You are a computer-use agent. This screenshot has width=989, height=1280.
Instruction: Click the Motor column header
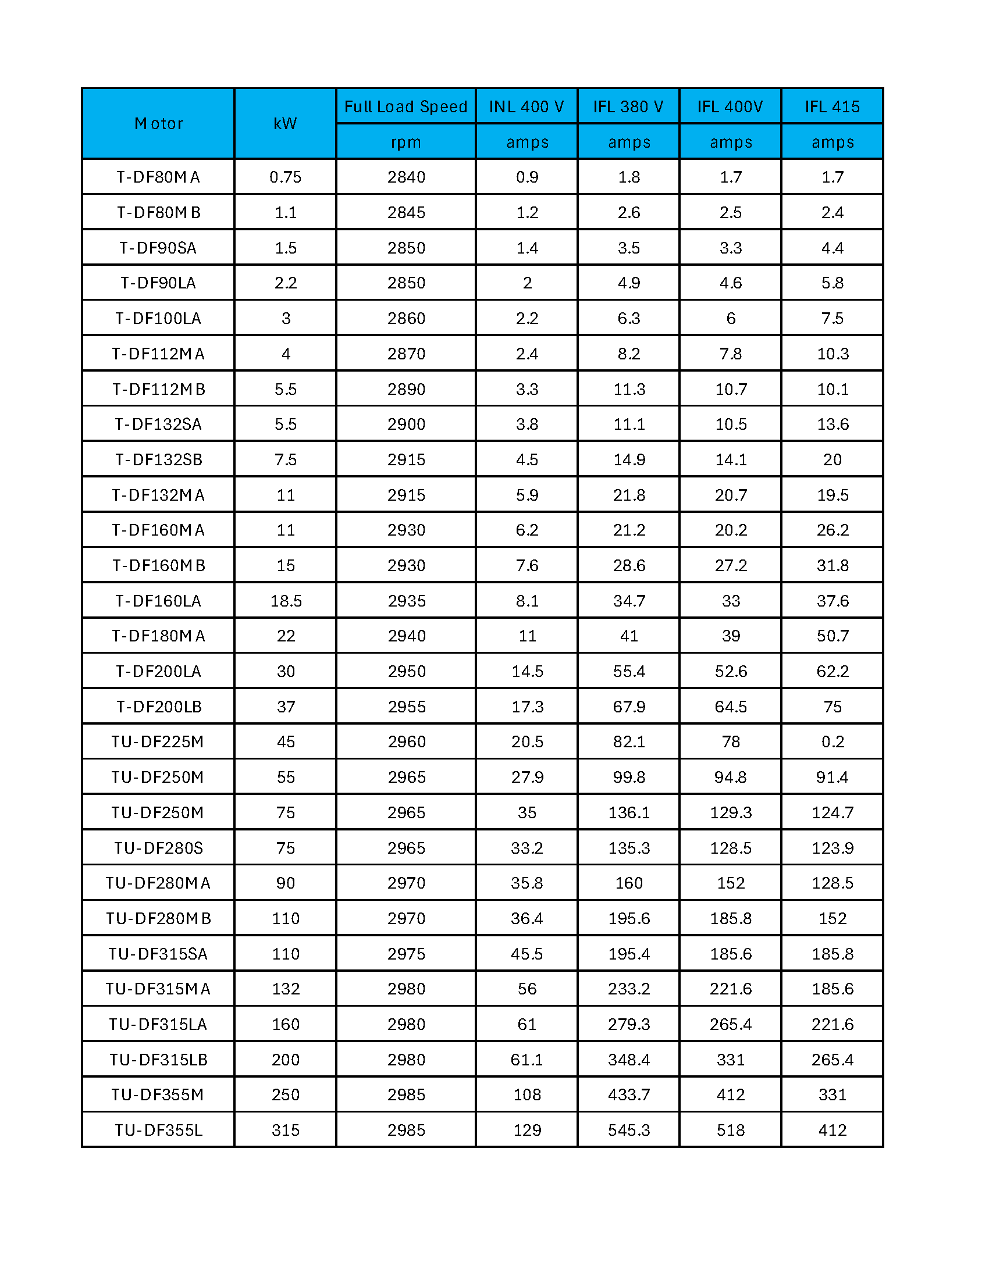tap(158, 124)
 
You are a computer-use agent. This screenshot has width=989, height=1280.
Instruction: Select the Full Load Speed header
tap(405, 106)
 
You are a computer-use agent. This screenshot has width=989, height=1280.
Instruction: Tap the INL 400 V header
tap(526, 106)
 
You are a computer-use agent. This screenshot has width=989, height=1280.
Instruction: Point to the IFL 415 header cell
tap(832, 106)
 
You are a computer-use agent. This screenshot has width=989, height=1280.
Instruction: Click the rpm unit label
tap(405, 142)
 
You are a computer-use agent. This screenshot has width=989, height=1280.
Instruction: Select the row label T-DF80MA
tap(158, 177)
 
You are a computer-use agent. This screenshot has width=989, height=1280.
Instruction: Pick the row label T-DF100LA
tap(158, 318)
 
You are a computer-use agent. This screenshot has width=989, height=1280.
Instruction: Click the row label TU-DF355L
tap(158, 1130)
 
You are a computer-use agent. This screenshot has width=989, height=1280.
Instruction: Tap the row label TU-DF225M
tap(158, 741)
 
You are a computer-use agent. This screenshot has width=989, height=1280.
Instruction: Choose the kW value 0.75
tap(286, 177)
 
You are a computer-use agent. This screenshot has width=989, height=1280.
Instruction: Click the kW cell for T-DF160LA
tap(286, 601)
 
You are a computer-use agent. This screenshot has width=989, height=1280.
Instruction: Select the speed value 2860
tap(405, 318)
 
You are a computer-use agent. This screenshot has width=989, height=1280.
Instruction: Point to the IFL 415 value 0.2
tap(832, 741)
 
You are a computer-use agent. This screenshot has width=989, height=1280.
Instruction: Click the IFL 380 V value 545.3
tap(628, 1130)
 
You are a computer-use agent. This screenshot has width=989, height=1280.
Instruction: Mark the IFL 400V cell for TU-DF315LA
tap(731, 1024)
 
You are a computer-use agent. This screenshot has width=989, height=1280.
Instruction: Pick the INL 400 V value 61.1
tap(526, 1060)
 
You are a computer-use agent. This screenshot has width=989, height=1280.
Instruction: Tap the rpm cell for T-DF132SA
tap(405, 425)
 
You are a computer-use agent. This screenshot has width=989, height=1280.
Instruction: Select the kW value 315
tap(286, 1130)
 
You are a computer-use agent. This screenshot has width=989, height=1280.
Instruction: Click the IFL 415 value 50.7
tap(832, 636)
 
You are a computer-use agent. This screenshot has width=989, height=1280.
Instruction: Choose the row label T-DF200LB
tap(158, 707)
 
